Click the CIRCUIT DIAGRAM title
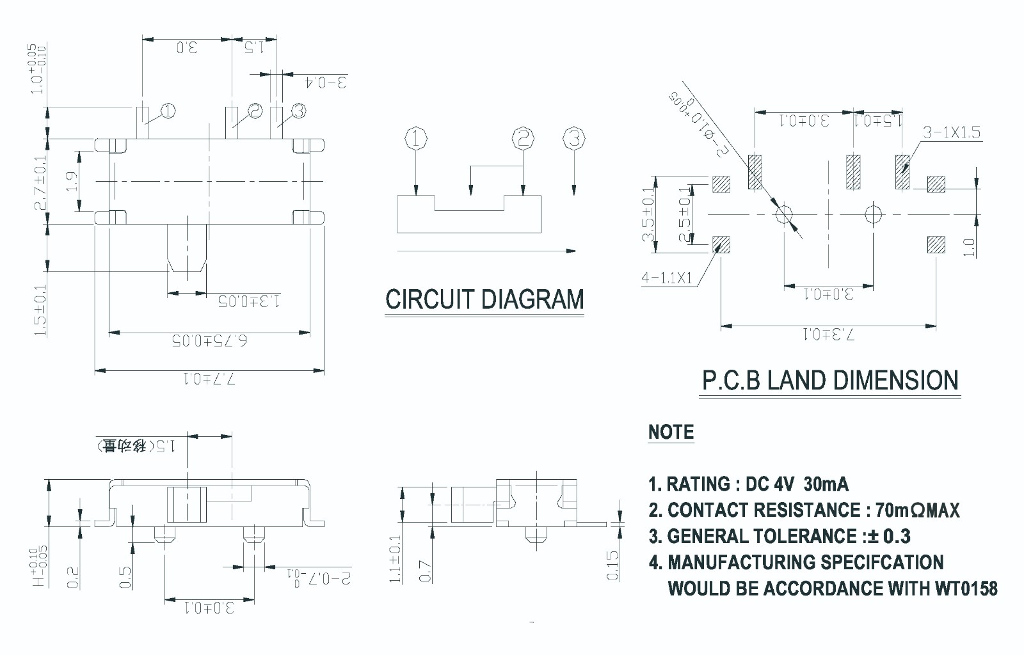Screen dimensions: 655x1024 [x=484, y=299]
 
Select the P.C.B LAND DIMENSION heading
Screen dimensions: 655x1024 [x=830, y=381]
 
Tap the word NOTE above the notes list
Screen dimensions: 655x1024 [x=671, y=432]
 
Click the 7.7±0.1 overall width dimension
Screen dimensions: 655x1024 [x=209, y=379]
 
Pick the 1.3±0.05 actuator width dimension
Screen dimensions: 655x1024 [x=249, y=301]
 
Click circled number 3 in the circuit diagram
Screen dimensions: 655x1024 [x=574, y=139]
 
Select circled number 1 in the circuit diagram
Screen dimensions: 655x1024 [x=416, y=139]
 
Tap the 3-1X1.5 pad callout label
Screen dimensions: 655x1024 [x=952, y=133]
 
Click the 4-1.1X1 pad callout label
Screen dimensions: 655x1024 [x=667, y=278]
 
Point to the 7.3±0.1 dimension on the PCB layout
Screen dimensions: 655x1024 [x=828, y=334]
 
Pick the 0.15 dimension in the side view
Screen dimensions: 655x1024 [x=612, y=565]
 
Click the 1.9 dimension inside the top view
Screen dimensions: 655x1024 [x=72, y=182]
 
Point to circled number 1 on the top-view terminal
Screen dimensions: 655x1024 [x=168, y=111]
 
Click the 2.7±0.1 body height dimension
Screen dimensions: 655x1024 [x=40, y=183]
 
